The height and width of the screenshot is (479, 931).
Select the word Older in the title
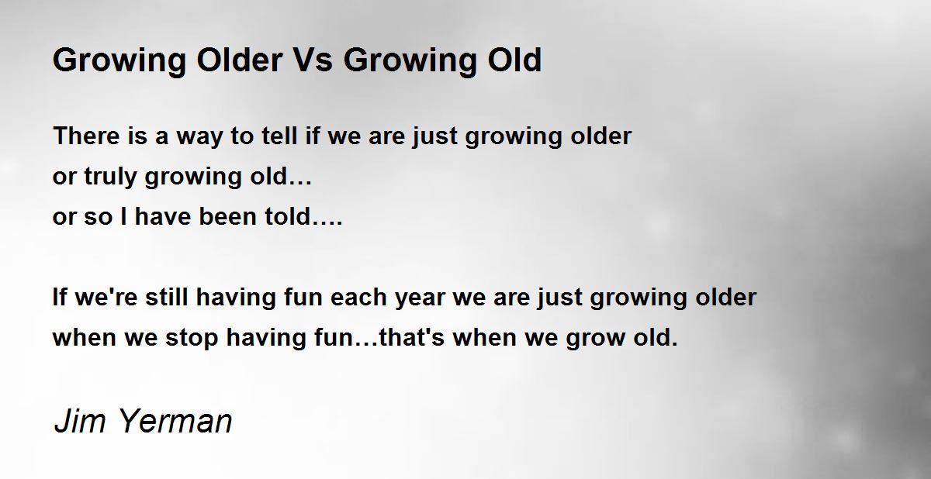(x=240, y=60)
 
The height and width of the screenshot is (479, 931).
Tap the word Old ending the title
(x=514, y=60)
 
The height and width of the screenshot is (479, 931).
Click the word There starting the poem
(x=86, y=136)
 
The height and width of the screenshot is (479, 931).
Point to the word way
(x=199, y=138)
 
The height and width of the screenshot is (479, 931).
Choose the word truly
(x=110, y=177)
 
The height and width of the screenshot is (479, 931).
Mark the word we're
(x=106, y=298)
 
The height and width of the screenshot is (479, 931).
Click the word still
(x=166, y=297)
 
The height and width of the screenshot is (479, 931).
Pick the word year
(x=420, y=300)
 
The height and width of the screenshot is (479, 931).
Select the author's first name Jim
(x=79, y=421)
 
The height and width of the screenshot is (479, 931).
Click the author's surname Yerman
(x=175, y=421)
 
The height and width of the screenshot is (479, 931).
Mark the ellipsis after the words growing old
(x=299, y=183)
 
